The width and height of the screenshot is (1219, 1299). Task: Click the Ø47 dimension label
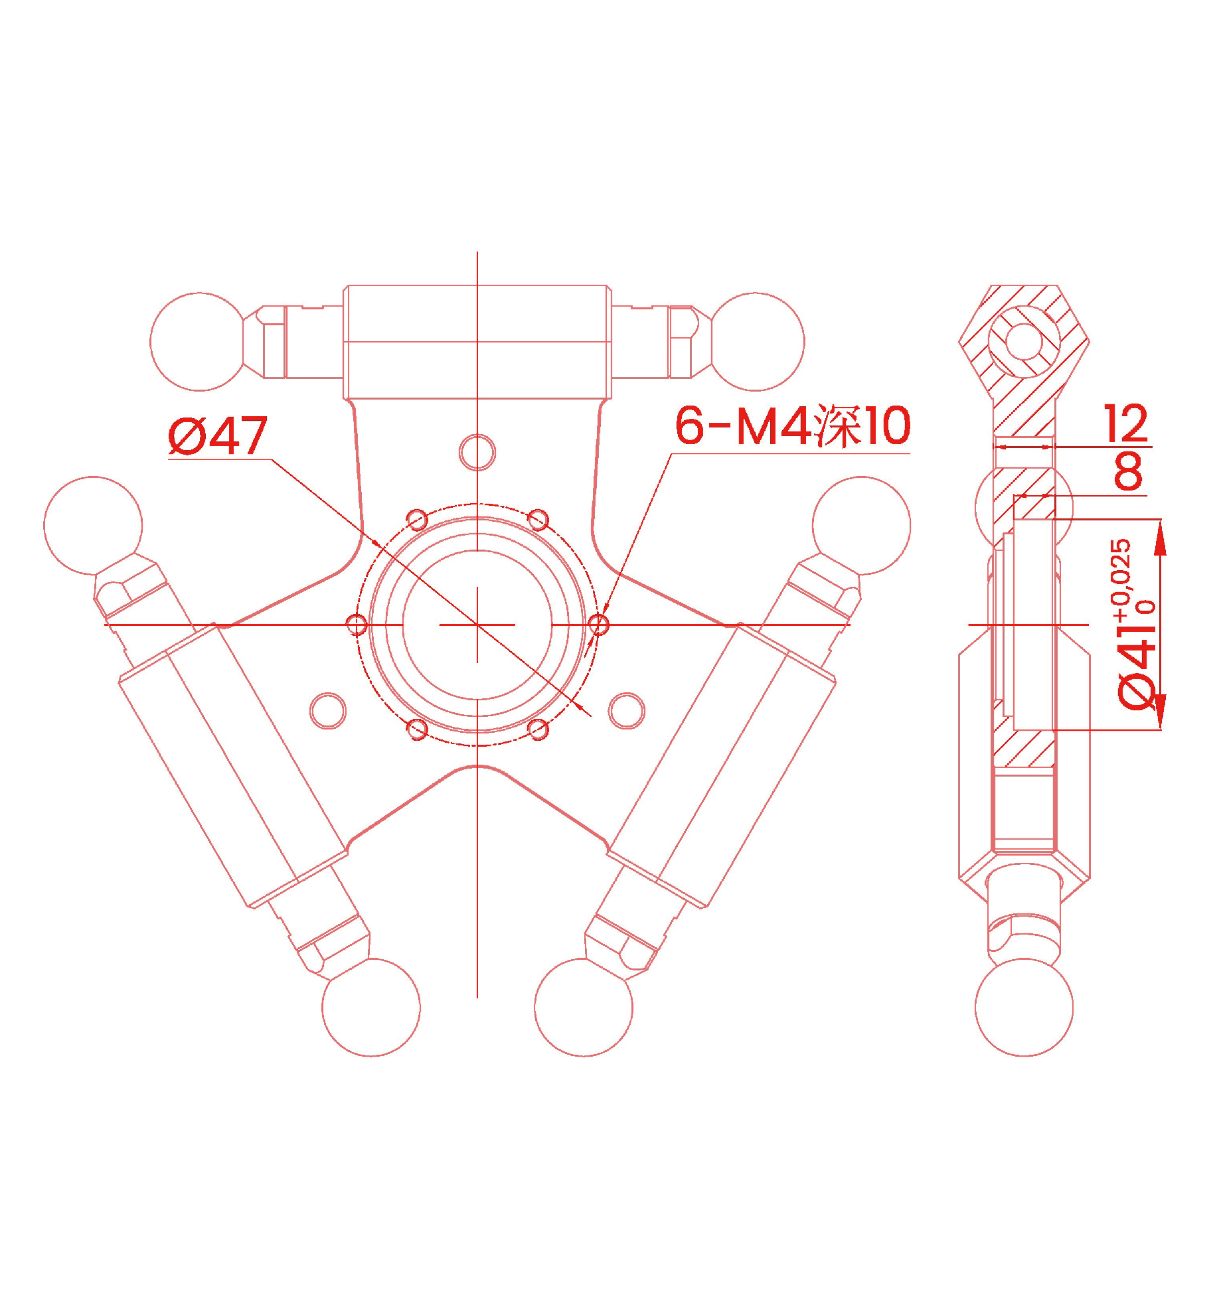coord(218,435)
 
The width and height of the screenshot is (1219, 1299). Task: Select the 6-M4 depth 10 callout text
coord(793,425)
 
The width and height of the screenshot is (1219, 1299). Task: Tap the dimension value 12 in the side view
coord(1126,423)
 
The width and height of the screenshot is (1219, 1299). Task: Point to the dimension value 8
coord(1129,471)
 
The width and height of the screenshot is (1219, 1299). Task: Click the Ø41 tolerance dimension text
coord(1135,625)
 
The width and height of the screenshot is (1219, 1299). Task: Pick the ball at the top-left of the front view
coord(199,342)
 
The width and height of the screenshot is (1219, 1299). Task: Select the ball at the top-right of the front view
coord(755,342)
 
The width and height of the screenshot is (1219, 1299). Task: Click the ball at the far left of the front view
coord(93,526)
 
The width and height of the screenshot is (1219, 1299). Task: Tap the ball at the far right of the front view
coord(861,526)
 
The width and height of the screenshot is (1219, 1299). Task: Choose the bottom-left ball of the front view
coord(371,1007)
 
